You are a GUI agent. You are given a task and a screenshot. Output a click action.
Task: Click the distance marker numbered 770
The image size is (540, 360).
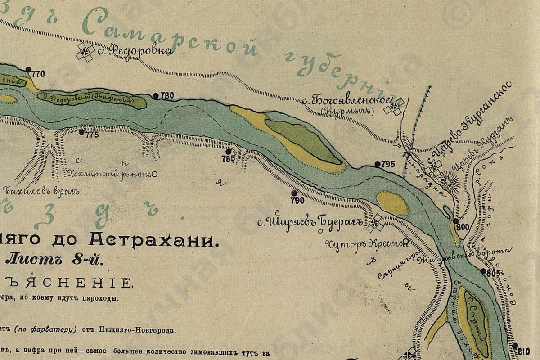point(38,75)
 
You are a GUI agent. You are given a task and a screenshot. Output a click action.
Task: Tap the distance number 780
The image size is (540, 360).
point(167,95)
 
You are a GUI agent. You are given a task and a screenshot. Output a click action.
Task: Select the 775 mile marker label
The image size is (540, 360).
point(91,135)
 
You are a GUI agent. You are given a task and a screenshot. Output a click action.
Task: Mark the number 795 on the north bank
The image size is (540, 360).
point(388,164)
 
